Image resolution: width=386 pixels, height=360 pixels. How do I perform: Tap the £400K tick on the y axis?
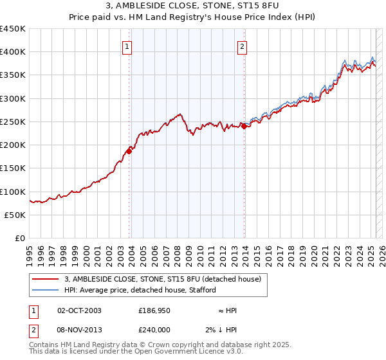(13, 52)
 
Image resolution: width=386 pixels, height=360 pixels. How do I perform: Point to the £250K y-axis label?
(13, 122)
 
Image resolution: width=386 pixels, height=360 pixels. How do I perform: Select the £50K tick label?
(15, 215)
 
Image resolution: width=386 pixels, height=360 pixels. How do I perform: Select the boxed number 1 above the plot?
(127, 46)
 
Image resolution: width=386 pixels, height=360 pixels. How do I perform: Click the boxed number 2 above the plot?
(242, 46)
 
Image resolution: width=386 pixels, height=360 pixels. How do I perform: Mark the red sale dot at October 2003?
(129, 150)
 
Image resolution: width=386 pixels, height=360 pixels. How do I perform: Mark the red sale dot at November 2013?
(244, 126)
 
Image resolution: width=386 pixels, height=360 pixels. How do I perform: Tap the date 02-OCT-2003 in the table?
(79, 310)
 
